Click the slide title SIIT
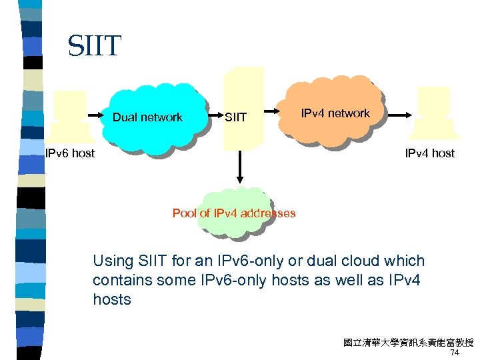94,46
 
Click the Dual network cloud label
147,117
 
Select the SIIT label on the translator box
235,118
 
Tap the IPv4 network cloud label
335,113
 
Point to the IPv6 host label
69,153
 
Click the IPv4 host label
429,153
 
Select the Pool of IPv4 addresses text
234,213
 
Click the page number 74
455,353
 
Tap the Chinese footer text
408,343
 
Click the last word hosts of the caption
112,299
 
